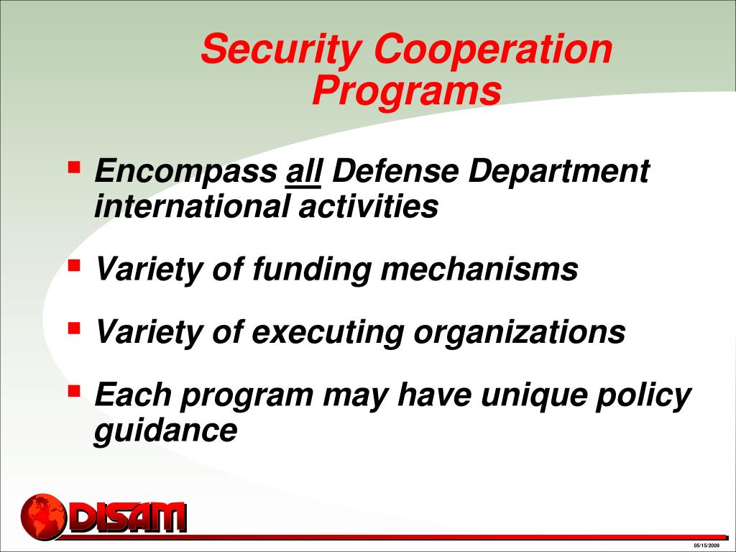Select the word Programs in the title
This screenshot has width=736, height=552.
pyautogui.click(x=406, y=91)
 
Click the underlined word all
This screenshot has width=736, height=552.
pyautogui.click(x=305, y=172)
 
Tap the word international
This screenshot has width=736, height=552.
pyautogui.click(x=193, y=207)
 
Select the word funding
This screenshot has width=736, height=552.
pyautogui.click(x=312, y=270)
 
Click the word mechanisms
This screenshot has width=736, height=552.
pyautogui.click(x=479, y=270)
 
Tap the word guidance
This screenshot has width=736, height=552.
pyautogui.click(x=165, y=431)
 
